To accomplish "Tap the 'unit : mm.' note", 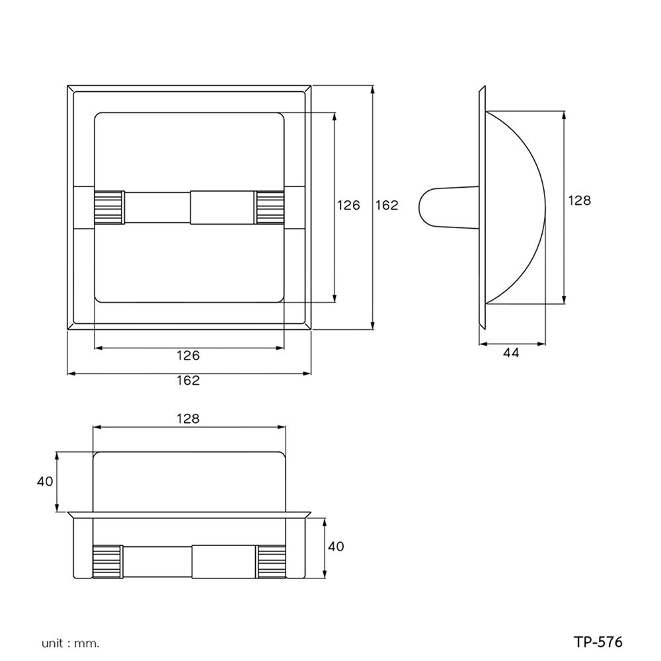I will coord(70,642).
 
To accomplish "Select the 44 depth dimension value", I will coord(511,353).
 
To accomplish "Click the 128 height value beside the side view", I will coord(579,200).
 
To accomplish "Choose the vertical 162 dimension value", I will coord(387,205).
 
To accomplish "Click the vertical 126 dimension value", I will coord(348,205).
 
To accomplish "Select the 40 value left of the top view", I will coord(45,482).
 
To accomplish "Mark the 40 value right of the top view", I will coord(336,547).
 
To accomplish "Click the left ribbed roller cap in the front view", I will coord(108,208).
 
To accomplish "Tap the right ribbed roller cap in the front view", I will coord(270,208).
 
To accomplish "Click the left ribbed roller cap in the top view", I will coord(107,561).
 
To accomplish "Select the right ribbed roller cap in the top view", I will coord(271,561).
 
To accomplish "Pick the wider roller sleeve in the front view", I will coord(223,208).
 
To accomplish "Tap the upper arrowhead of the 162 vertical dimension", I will coord(373,90).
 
